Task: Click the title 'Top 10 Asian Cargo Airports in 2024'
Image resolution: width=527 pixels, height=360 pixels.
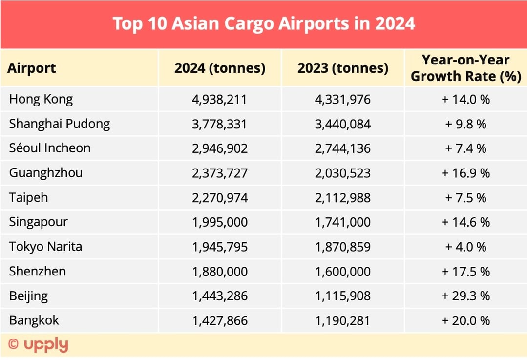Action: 263,23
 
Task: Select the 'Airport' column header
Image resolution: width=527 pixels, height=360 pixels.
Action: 32,68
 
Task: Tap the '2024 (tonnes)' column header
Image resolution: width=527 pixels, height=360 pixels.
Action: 220,68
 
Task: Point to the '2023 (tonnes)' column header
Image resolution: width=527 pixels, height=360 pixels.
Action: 343,68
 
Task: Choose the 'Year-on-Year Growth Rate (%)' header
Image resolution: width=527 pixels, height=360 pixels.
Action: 465,68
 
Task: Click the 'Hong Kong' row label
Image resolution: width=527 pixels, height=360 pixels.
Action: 41,100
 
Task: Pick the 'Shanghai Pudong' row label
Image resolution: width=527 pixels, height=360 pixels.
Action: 60,124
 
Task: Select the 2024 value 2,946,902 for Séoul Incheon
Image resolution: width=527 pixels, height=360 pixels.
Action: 220,148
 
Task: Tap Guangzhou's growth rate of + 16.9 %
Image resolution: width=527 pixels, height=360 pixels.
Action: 465,173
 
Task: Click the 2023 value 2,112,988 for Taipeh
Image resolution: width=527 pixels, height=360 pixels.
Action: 343,198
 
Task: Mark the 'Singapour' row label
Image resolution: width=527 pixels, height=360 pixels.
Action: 39,222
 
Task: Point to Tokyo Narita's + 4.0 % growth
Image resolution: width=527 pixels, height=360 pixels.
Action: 465,247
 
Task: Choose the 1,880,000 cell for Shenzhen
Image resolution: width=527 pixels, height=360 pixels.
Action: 220,271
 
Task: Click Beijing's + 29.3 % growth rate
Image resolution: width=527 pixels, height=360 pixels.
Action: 465,296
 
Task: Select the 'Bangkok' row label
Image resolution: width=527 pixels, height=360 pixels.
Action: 34,320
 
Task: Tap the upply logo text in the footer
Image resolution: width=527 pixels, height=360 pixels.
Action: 45,345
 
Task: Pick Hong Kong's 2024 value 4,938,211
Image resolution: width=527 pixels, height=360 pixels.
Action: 220,100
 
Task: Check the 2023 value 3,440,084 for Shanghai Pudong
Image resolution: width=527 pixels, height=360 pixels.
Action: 343,124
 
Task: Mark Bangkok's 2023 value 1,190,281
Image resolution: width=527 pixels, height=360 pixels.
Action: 343,320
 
